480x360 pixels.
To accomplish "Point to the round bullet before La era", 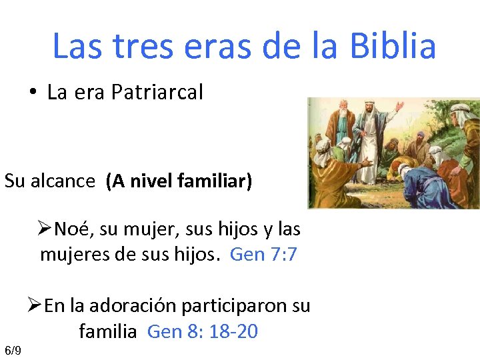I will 33,92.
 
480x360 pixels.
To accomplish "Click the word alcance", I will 63,181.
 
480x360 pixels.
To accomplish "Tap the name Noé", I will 69,229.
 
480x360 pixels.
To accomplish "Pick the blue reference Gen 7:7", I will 263,254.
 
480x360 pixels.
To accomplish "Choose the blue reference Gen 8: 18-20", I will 202,331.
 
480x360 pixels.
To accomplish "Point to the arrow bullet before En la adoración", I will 35,305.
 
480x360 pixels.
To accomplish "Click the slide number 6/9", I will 13,351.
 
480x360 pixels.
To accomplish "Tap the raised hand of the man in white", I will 400,105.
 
